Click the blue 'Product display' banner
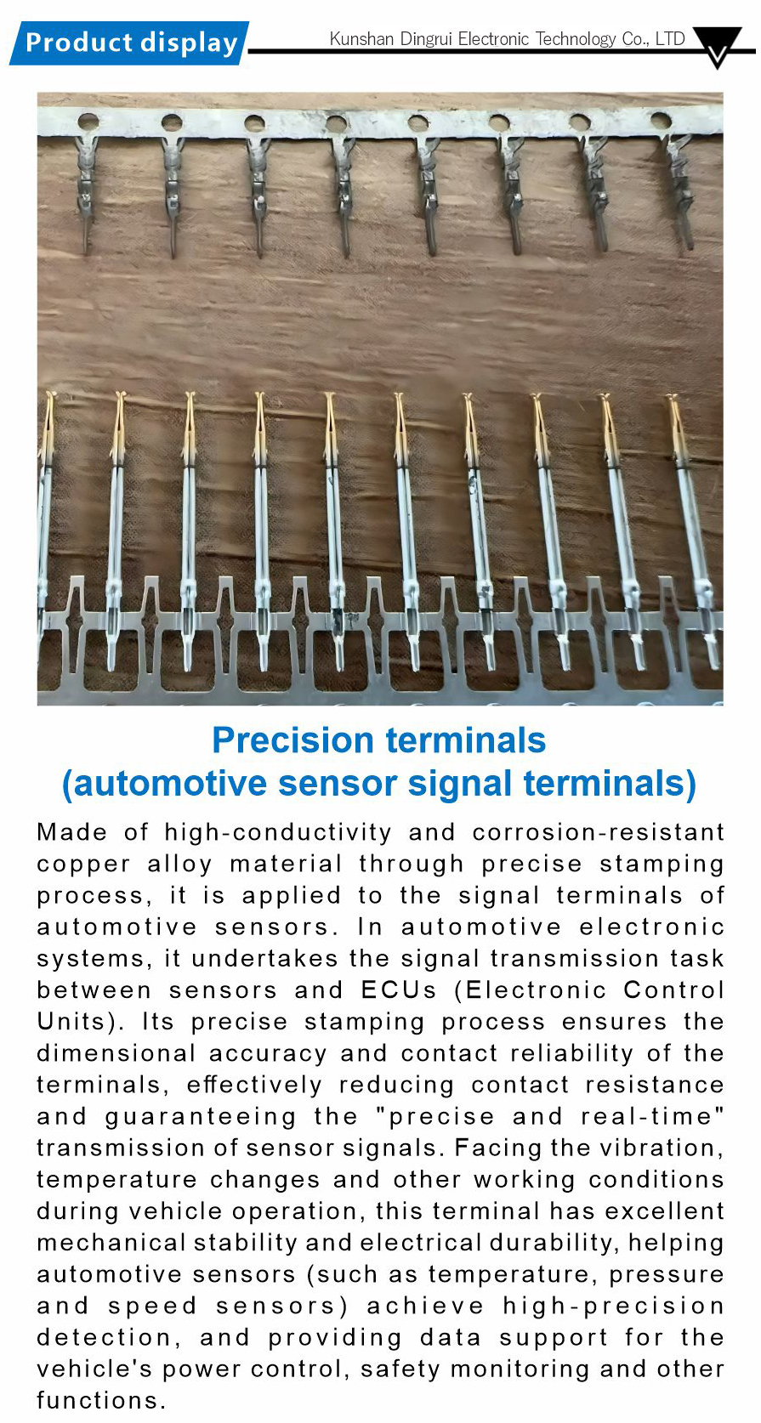[x=129, y=43]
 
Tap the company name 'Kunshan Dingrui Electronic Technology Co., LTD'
[x=507, y=39]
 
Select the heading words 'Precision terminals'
[x=379, y=740]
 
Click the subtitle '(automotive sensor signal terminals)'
[x=379, y=783]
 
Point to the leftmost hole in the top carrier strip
[x=88, y=121]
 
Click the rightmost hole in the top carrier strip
[x=661, y=119]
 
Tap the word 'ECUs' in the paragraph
[x=399, y=989]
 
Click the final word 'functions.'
[x=101, y=1400]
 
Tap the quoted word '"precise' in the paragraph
[x=434, y=1117]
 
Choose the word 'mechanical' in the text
[x=111, y=1243]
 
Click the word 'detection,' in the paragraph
[x=109, y=1338]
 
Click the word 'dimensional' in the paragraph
[x=116, y=1053]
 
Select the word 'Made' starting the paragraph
[x=71, y=832]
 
